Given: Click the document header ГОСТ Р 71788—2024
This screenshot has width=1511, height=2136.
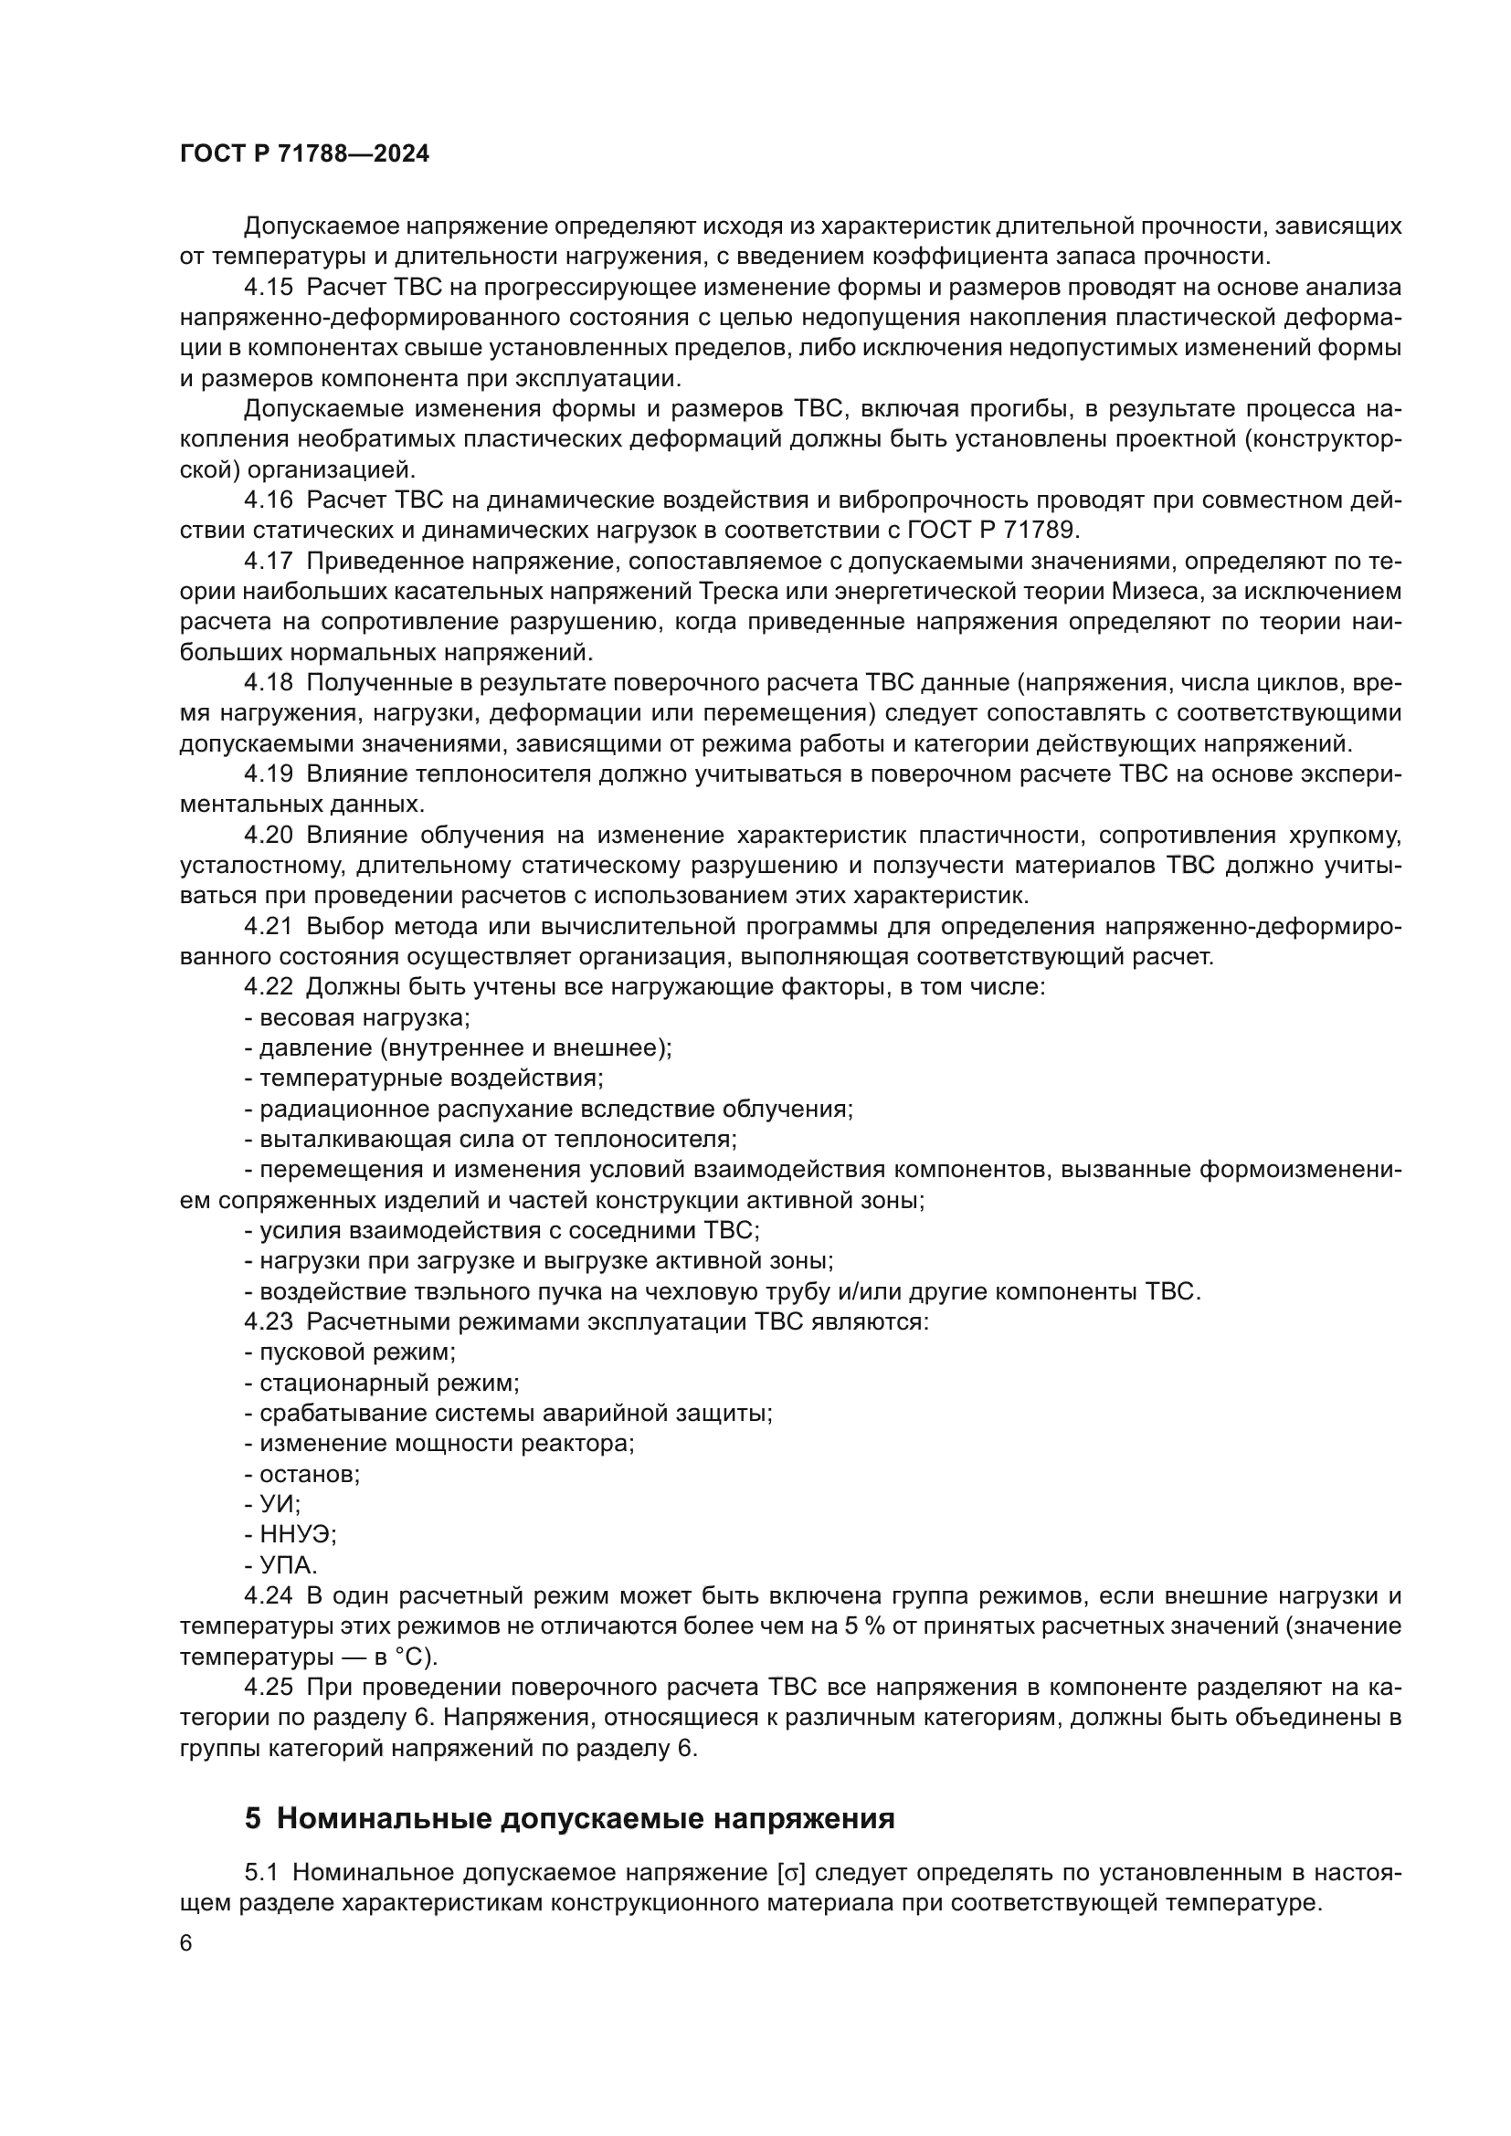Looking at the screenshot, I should tap(304, 154).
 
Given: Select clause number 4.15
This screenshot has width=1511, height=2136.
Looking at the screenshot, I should tap(268, 288).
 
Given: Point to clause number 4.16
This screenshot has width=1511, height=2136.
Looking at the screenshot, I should tap(268, 500).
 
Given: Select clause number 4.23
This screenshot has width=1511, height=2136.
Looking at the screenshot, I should tap(268, 1322).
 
